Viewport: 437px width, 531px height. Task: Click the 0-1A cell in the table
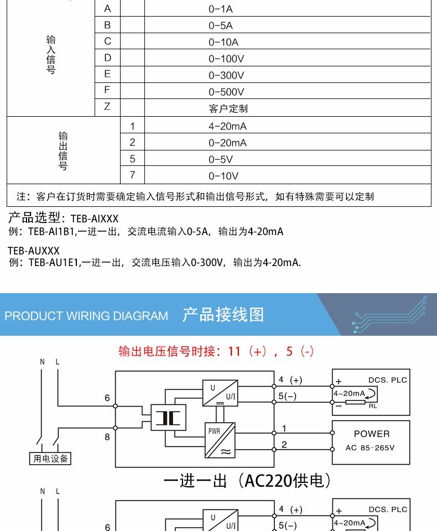click(x=220, y=9)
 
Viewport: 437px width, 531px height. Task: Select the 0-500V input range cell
click(x=226, y=92)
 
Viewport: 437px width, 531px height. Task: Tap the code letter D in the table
click(x=107, y=58)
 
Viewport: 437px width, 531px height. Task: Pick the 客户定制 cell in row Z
click(x=228, y=108)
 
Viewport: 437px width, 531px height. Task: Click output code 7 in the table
click(x=132, y=175)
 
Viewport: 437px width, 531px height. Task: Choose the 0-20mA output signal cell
click(x=227, y=143)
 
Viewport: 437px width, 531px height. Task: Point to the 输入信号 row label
click(x=51, y=55)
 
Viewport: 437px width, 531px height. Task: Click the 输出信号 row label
click(x=63, y=150)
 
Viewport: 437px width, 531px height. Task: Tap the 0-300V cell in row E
click(x=226, y=75)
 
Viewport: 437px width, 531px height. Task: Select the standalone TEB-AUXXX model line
click(x=34, y=251)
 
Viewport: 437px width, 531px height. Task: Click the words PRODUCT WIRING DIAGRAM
click(x=86, y=316)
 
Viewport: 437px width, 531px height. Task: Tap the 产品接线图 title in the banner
click(x=223, y=315)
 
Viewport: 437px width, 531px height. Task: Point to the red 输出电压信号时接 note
click(x=216, y=351)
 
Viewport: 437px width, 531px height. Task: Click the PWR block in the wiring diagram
click(x=220, y=440)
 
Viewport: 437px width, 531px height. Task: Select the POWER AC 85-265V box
click(x=371, y=440)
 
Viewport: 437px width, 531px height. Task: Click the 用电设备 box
click(x=50, y=458)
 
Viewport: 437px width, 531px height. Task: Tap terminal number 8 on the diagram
click(x=107, y=436)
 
